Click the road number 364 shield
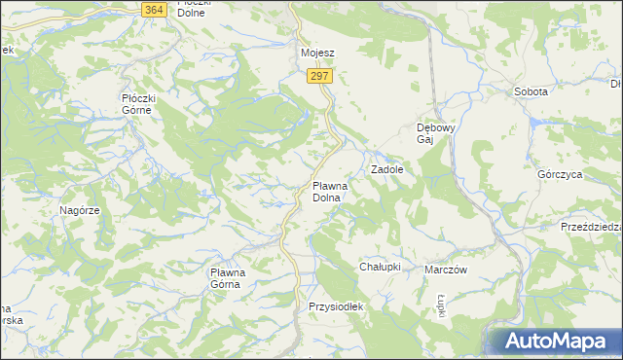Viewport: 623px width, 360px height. coord(153,9)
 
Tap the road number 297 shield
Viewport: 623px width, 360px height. coord(319,76)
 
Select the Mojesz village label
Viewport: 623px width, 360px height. coord(317,54)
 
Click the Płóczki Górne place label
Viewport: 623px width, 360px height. coord(145,103)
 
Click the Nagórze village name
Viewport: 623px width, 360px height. coord(80,210)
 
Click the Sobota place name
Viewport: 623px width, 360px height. coord(531,91)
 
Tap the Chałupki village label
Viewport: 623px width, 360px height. coord(381,267)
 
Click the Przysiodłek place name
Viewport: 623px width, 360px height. coord(335,306)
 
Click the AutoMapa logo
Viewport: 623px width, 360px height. coord(553,341)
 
